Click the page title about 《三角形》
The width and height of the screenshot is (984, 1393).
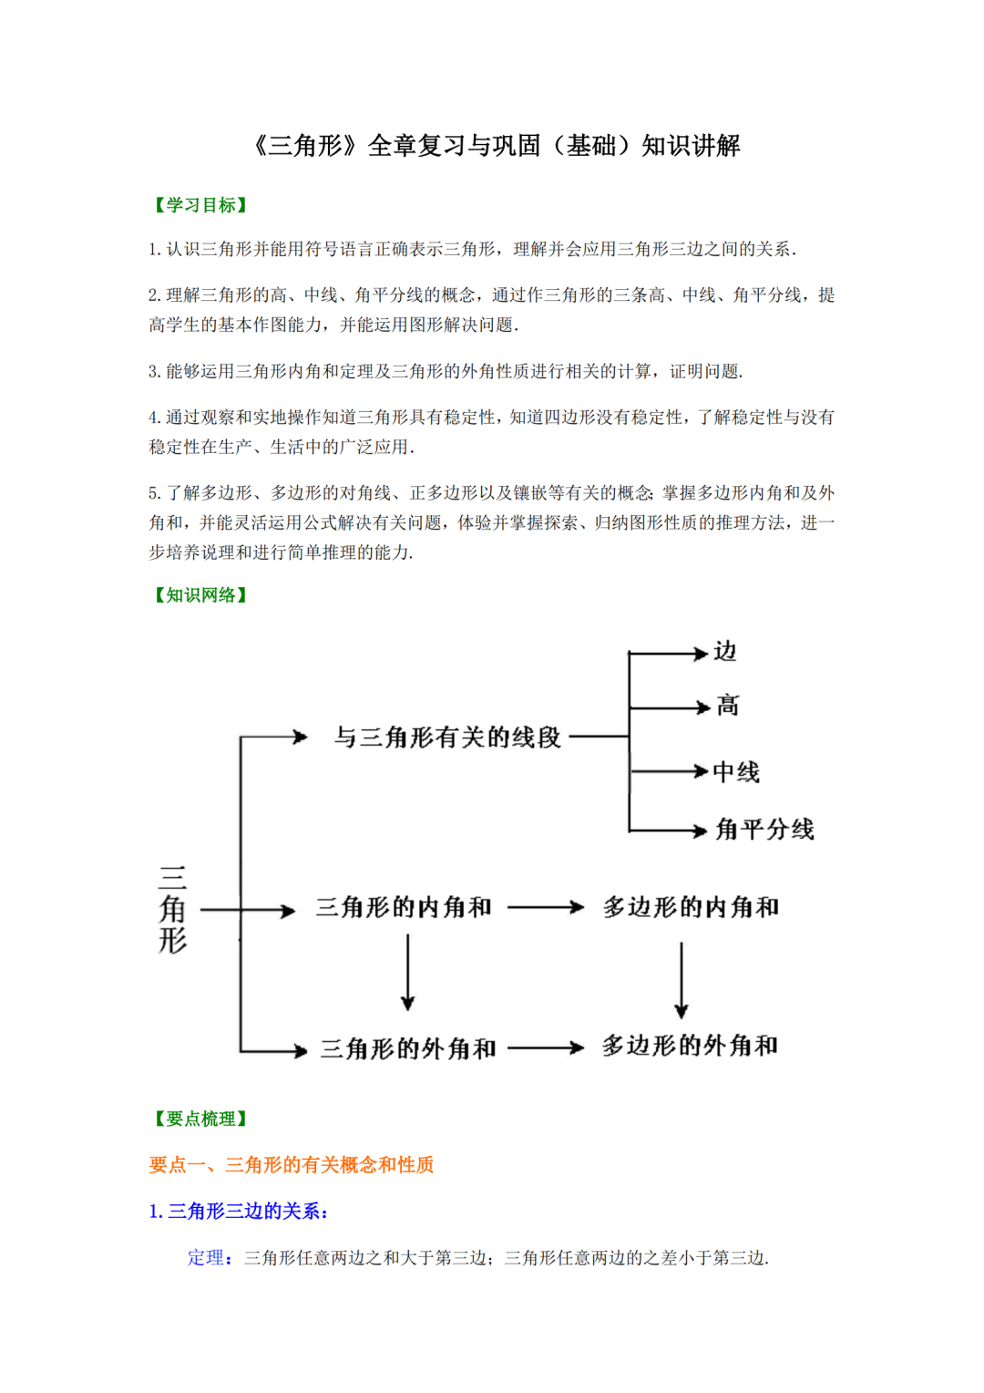(496, 146)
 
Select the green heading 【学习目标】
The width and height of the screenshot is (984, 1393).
(200, 205)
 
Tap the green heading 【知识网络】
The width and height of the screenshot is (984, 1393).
(200, 595)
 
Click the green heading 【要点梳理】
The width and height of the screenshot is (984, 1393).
(200, 1119)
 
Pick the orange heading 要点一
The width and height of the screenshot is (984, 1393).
(292, 1165)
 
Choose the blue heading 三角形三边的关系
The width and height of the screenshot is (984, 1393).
(239, 1212)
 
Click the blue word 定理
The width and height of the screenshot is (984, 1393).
(206, 1258)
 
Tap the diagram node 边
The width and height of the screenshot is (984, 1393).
(725, 652)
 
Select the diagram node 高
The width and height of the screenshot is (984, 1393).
(727, 706)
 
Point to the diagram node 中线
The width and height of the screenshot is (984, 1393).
(736, 772)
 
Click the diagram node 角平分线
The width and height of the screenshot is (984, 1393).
(764, 830)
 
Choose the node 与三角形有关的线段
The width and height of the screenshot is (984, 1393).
(447, 737)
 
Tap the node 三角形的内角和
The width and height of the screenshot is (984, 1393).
(404, 908)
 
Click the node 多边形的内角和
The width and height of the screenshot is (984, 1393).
(691, 908)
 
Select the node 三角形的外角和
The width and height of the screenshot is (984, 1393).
(408, 1049)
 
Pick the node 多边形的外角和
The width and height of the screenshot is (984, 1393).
(690, 1046)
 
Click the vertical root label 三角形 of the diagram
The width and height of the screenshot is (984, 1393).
(173, 910)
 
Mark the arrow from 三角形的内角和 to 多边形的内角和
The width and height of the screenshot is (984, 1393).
(545, 908)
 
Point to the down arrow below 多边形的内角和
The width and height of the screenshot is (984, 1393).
(682, 980)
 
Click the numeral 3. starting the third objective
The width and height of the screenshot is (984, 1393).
(154, 372)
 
